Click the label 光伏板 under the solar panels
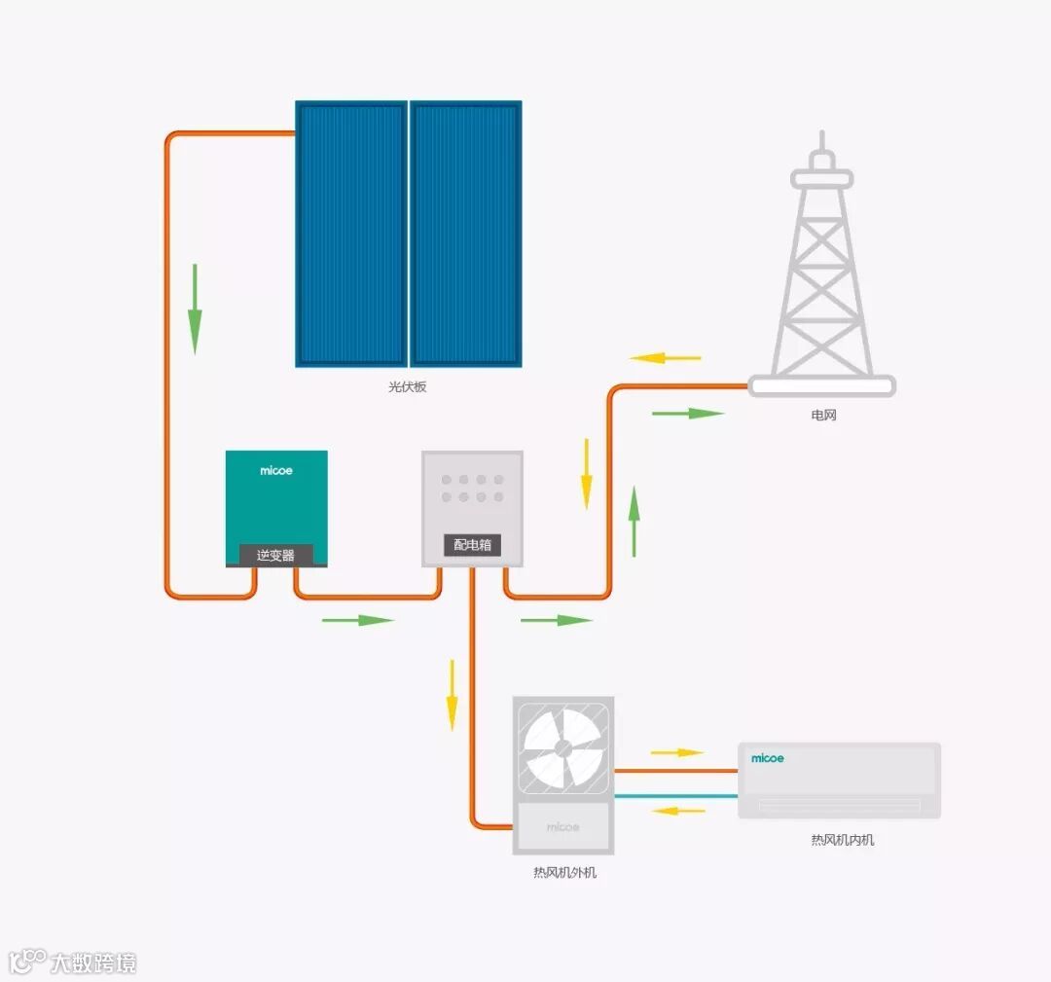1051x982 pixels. click(408, 386)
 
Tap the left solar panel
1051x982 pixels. click(351, 234)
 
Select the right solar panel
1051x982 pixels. click(465, 234)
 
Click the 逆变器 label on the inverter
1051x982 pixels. click(275, 556)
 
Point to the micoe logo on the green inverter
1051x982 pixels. click(276, 471)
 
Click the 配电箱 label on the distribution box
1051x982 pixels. click(472, 546)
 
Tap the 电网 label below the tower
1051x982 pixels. click(823, 416)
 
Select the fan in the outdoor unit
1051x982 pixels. click(562, 747)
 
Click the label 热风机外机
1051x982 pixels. click(564, 873)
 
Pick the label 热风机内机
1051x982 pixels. click(842, 840)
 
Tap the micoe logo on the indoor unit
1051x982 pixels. click(767, 758)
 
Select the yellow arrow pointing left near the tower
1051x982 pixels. click(666, 358)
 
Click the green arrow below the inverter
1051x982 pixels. click(357, 620)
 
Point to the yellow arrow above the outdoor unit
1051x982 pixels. click(452, 695)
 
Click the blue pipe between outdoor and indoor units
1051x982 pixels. click(675, 796)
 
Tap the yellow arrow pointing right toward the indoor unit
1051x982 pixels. click(676, 752)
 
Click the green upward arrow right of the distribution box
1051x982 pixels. click(634, 521)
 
